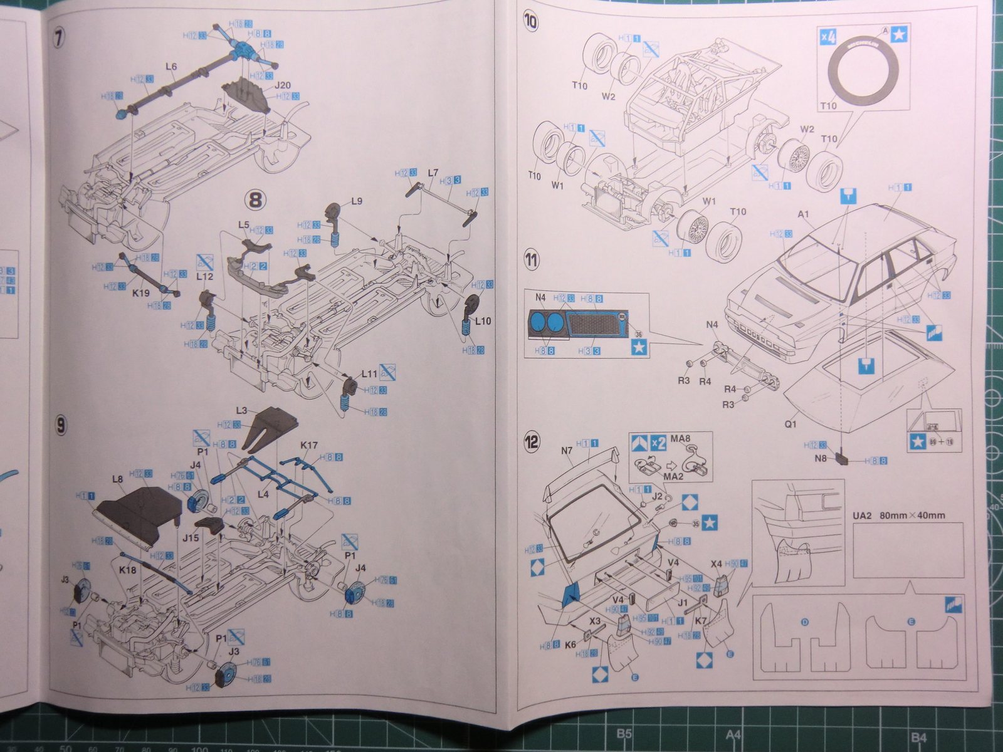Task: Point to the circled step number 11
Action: coord(532,259)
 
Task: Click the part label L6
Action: coord(171,66)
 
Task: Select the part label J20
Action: coord(282,85)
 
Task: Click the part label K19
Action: coord(141,292)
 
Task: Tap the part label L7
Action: coord(433,172)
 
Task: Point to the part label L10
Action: coord(483,321)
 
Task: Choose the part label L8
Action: coord(117,479)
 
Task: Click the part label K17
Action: coord(308,446)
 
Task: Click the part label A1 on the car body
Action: coord(804,214)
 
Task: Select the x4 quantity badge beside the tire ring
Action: coord(829,36)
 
